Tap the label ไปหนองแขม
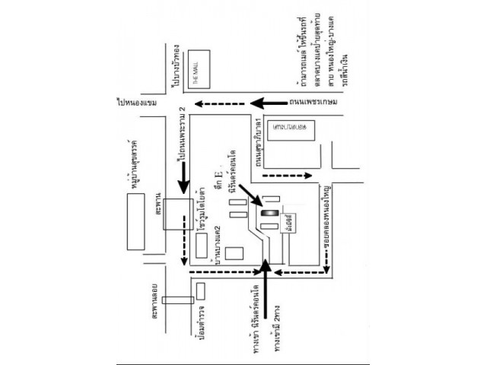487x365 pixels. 136,100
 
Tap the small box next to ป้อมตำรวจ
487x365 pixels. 200,290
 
